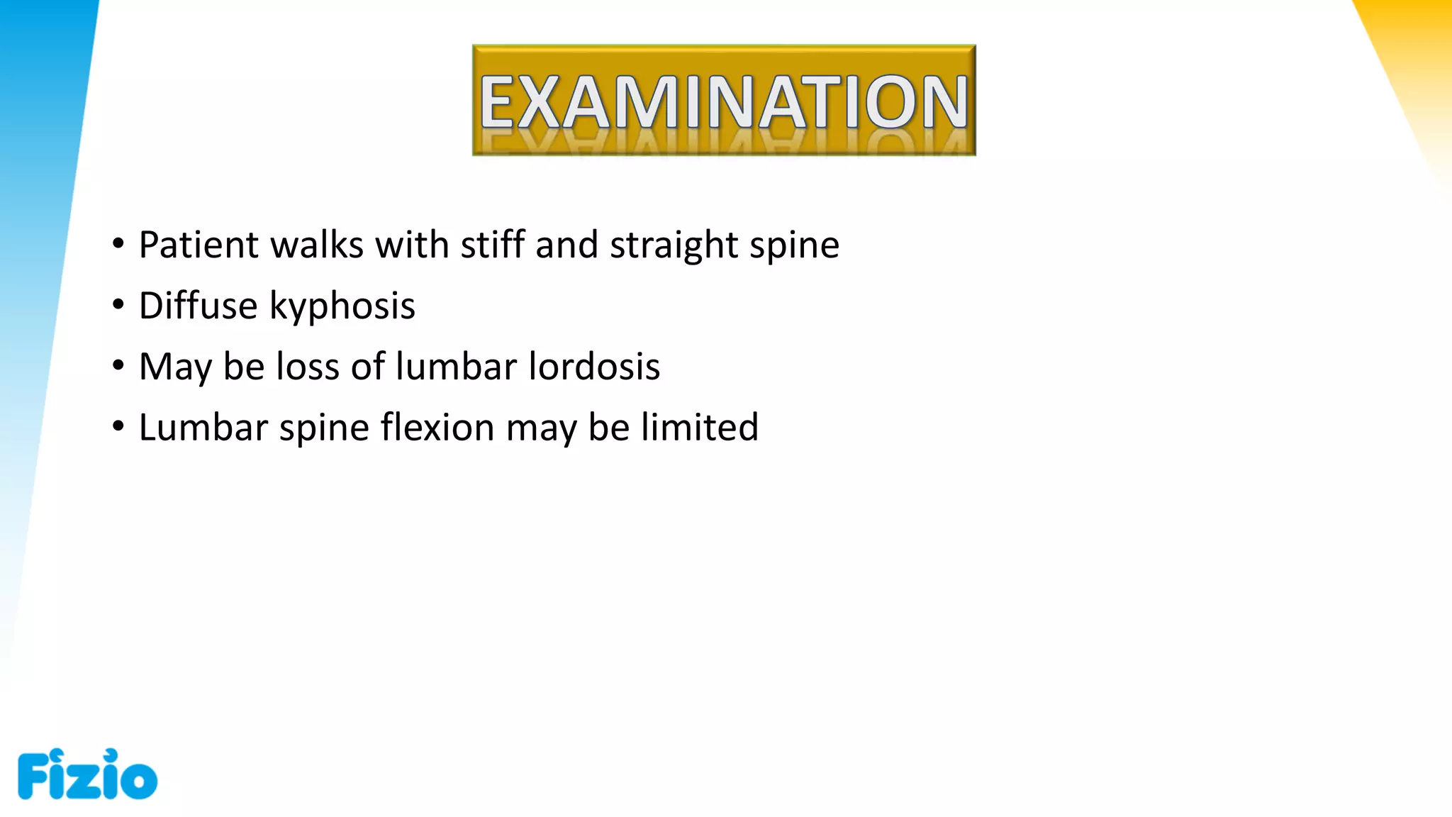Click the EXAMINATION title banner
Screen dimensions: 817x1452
[724, 100]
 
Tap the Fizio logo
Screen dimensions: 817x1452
[87, 774]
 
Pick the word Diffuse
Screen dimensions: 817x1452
[199, 306]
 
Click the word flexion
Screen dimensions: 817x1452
[437, 428]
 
